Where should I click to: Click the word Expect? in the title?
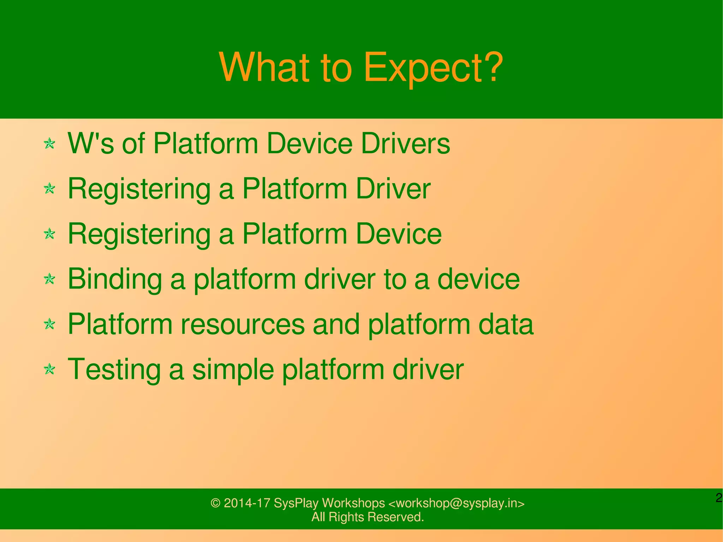pyautogui.click(x=432, y=68)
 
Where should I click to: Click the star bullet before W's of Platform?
pyautogui.click(x=50, y=144)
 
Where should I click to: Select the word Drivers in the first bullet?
pyautogui.click(x=405, y=144)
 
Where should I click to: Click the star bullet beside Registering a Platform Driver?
pyautogui.click(x=50, y=189)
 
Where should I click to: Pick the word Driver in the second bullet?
pyautogui.click(x=393, y=189)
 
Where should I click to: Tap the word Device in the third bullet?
pyautogui.click(x=399, y=234)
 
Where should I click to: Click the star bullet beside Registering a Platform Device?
pyautogui.click(x=50, y=234)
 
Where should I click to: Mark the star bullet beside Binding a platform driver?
pyautogui.click(x=50, y=279)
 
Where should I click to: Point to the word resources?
pyautogui.click(x=243, y=324)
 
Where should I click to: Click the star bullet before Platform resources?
pyautogui.click(x=50, y=324)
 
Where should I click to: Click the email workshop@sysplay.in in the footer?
pyautogui.click(x=456, y=503)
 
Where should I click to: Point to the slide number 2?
pyautogui.click(x=719, y=498)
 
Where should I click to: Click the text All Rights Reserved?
pyautogui.click(x=368, y=517)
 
